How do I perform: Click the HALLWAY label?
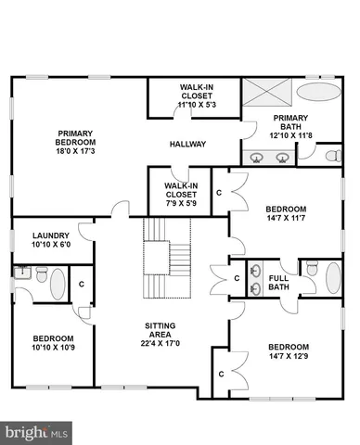pos(187,144)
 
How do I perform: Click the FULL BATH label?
pos(278,282)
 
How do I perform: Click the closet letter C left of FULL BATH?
pos(237,276)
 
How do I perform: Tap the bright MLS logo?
pos(37,431)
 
